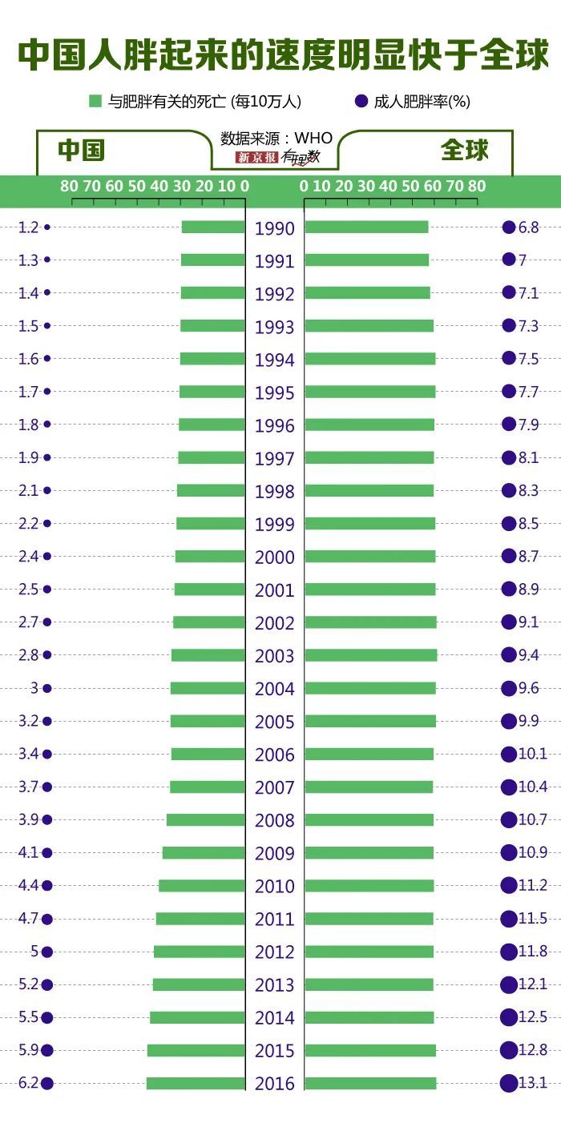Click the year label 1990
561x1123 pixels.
(275, 228)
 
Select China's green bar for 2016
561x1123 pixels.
(196, 1083)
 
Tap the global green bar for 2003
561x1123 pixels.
(370, 655)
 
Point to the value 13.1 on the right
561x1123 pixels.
(532, 1083)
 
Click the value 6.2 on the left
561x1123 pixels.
(28, 1083)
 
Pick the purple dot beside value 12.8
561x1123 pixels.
(508, 1050)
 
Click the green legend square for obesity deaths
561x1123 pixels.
(95, 101)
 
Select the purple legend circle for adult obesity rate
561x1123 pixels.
(361, 101)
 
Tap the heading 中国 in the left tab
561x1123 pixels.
(81, 151)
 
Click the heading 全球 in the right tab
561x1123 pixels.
(464, 151)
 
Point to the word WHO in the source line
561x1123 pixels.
(313, 139)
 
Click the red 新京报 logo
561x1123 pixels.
(256, 158)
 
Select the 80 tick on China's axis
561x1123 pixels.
(70, 187)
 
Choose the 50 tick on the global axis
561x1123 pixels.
(411, 187)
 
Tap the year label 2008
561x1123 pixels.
(275, 820)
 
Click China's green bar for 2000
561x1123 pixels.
(210, 556)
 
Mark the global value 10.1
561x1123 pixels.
(532, 754)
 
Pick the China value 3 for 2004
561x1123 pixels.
(34, 688)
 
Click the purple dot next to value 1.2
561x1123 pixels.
(47, 227)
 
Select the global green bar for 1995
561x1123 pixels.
(369, 392)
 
